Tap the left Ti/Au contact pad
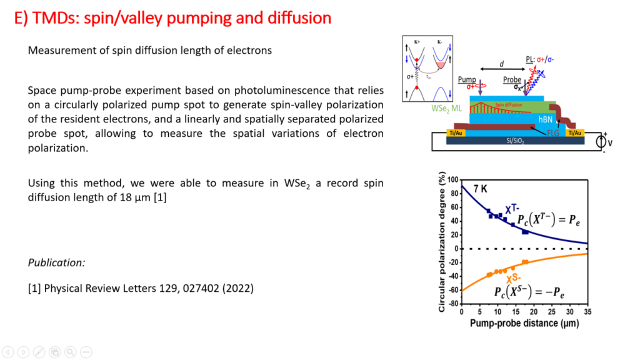tap(437, 132)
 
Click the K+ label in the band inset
tap(416, 41)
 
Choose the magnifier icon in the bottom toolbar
tap(70, 352)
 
